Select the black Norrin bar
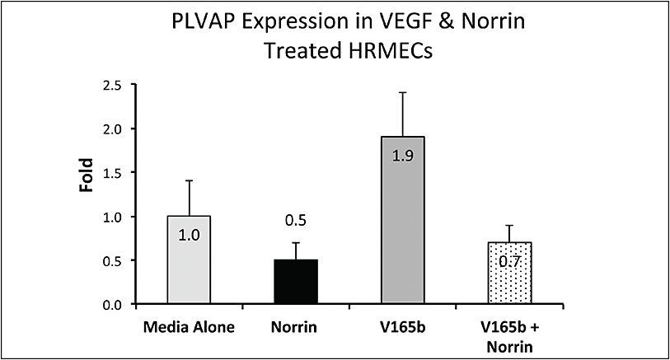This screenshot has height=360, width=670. pos(296,283)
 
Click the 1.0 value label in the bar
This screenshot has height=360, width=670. pos(190,235)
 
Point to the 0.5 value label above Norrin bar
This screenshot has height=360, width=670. pos(296,221)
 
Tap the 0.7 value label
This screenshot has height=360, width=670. pos(508,262)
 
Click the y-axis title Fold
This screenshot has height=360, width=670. pos(85,175)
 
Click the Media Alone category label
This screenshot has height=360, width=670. pos(190,327)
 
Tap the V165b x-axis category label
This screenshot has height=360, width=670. pos(402,327)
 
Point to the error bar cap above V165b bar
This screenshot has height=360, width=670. pos(402,92)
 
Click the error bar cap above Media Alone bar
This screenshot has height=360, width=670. pos(190,180)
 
